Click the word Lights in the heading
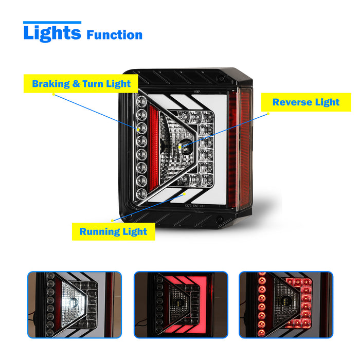pyautogui.click(x=52, y=33)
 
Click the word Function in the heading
pyautogui.click(x=114, y=35)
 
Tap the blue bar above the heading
pyautogui.click(x=52, y=23)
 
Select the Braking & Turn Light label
pyautogui.click(x=81, y=84)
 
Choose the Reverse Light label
pyautogui.click(x=305, y=102)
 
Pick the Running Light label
pyautogui.click(x=113, y=231)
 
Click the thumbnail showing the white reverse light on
pyautogui.click(x=75, y=304)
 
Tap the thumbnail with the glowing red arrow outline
pyautogui.click(x=181, y=304)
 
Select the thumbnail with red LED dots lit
pyautogui.click(x=286, y=304)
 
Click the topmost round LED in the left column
pyautogui.click(x=142, y=101)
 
